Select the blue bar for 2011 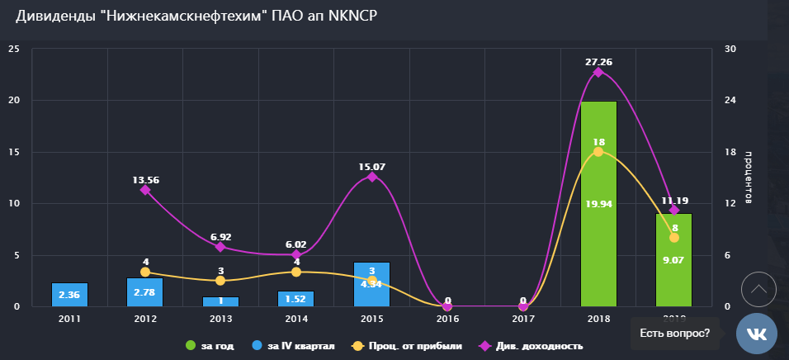(x=69, y=295)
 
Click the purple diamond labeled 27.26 (x=598, y=73)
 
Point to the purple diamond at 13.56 (x=145, y=190)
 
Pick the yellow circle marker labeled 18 (x=598, y=152)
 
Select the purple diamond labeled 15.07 (x=372, y=177)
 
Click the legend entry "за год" (x=212, y=345)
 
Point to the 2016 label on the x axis (x=447, y=317)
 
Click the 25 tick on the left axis (x=13, y=49)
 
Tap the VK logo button (x=757, y=334)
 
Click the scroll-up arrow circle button (x=759, y=289)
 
